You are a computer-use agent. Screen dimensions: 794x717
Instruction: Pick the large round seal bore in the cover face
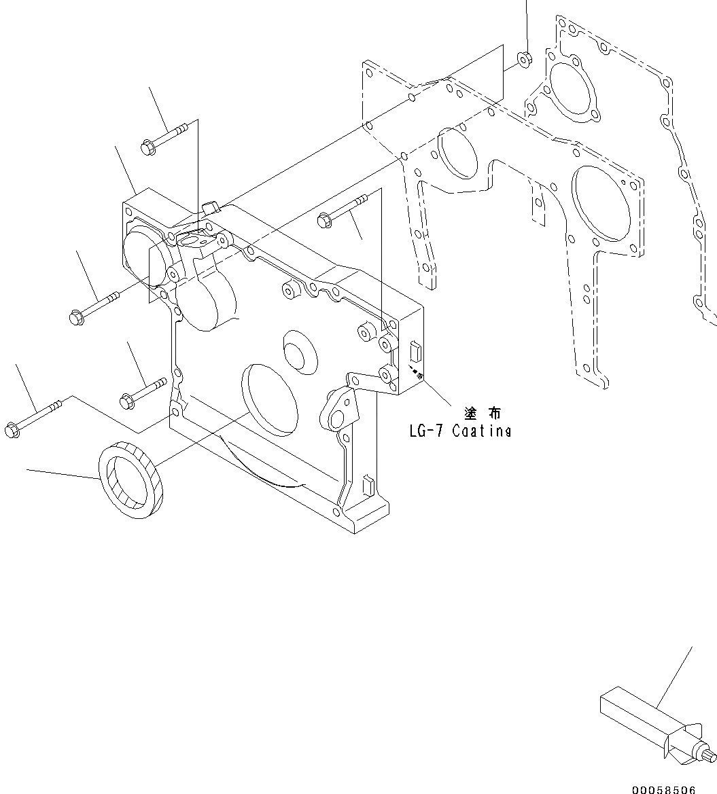271,398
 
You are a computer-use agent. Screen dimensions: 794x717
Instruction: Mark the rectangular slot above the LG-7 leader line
417,353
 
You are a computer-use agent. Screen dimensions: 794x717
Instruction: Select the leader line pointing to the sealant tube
674,680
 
